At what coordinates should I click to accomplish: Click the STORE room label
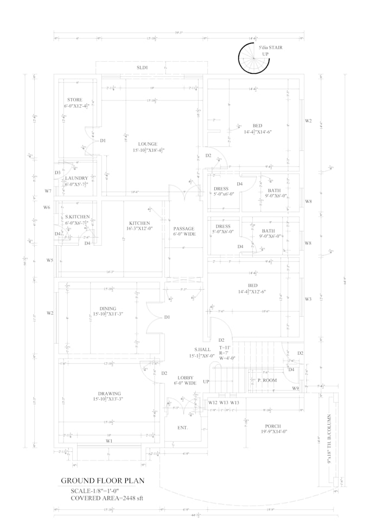click(75, 100)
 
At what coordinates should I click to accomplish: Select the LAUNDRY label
click(77, 178)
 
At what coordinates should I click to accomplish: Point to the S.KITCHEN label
click(78, 217)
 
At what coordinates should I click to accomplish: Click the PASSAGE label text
click(184, 229)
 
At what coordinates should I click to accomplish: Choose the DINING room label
click(108, 309)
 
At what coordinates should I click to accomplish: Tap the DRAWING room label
click(110, 394)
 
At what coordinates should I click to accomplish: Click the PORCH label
click(272, 426)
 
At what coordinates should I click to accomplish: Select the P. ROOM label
click(267, 380)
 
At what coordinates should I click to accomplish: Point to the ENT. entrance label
click(182, 428)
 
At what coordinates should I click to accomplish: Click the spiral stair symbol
click(253, 58)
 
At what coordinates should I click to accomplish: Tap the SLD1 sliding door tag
click(142, 67)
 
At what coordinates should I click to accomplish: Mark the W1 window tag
click(109, 441)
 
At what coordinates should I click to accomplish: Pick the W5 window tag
click(50, 260)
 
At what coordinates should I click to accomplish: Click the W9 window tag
click(295, 388)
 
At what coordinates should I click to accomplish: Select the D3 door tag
click(58, 172)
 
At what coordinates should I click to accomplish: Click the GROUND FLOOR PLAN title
click(102, 481)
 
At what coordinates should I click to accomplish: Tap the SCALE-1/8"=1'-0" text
click(94, 490)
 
